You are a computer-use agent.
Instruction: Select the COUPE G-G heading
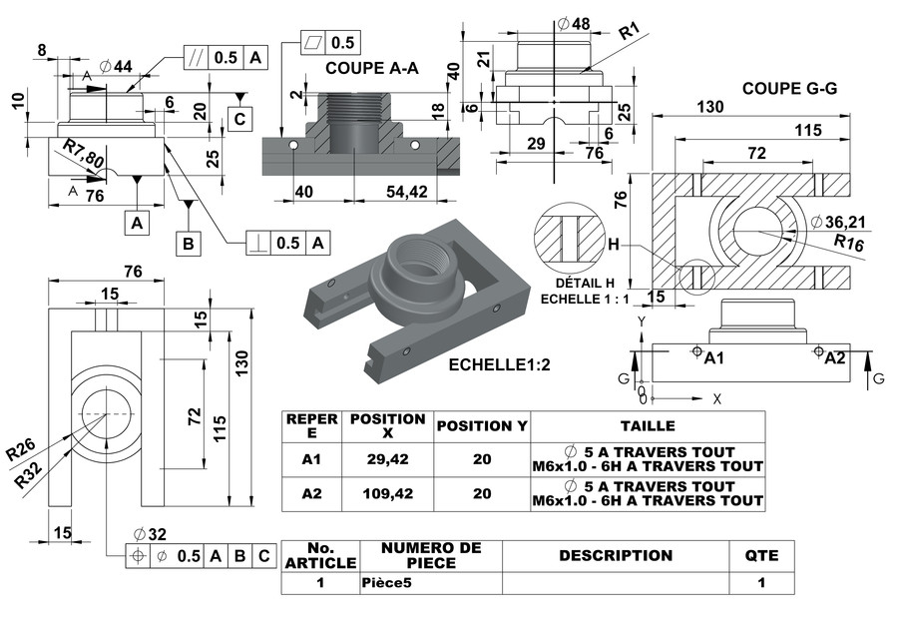point(789,89)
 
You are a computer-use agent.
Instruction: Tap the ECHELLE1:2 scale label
point(500,365)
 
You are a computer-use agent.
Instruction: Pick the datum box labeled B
point(186,243)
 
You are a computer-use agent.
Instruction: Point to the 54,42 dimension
point(405,191)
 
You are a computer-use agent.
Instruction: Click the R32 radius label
point(30,475)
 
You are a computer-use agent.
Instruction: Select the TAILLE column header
point(648,425)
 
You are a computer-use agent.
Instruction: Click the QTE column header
point(761,555)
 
